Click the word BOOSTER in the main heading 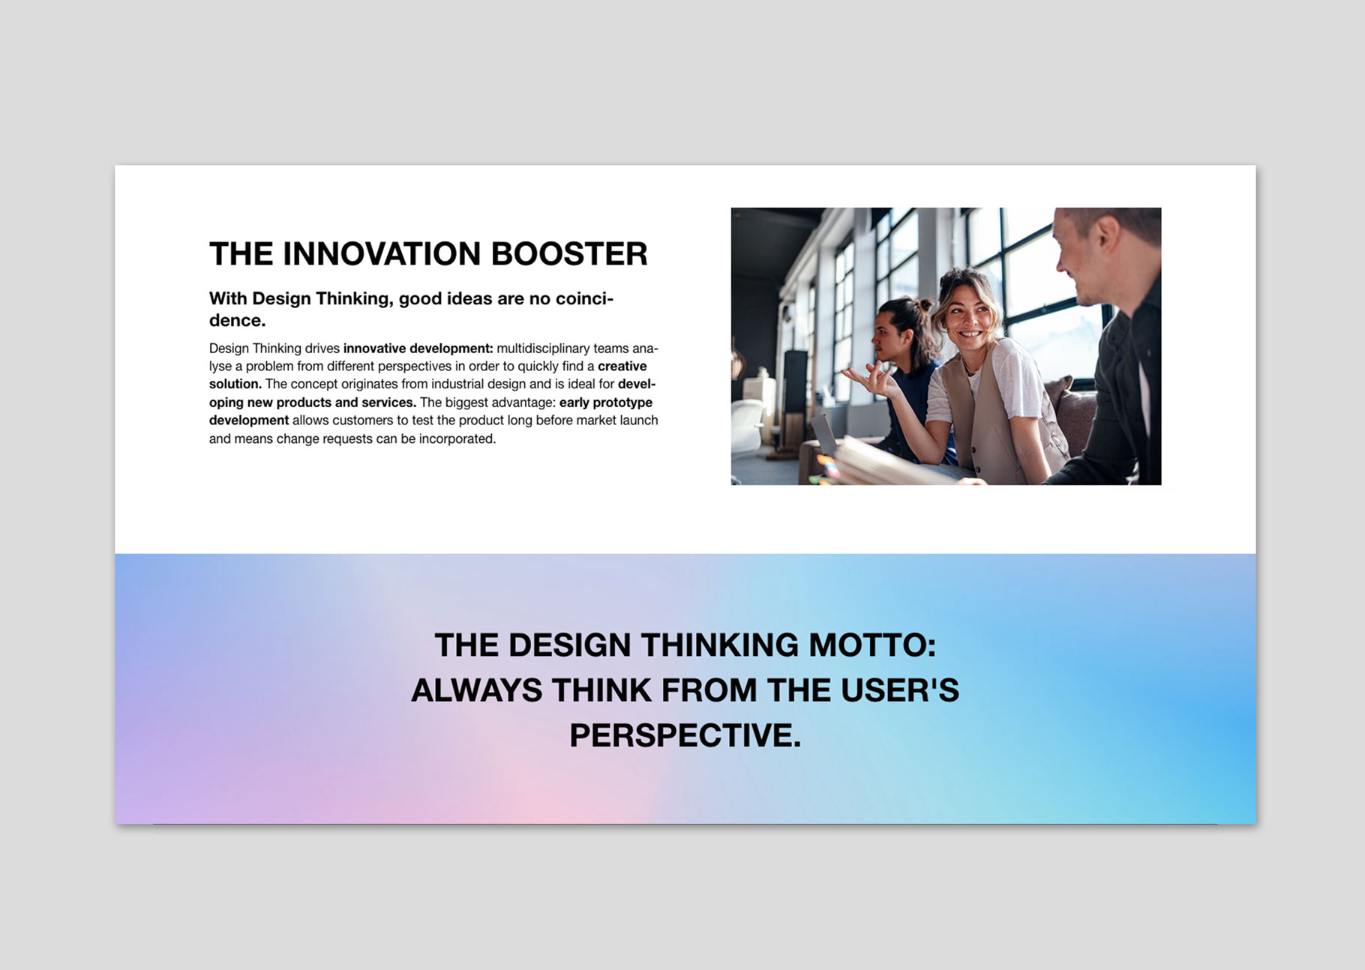tap(568, 254)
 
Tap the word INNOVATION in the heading tap(382, 254)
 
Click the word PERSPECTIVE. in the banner tap(685, 735)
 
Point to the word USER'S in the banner tap(900, 690)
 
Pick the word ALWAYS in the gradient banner tap(476, 690)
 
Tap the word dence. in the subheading tap(237, 320)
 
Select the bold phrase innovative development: tap(418, 349)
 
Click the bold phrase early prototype tap(606, 403)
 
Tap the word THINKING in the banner tap(720, 645)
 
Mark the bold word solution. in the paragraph tap(235, 384)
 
